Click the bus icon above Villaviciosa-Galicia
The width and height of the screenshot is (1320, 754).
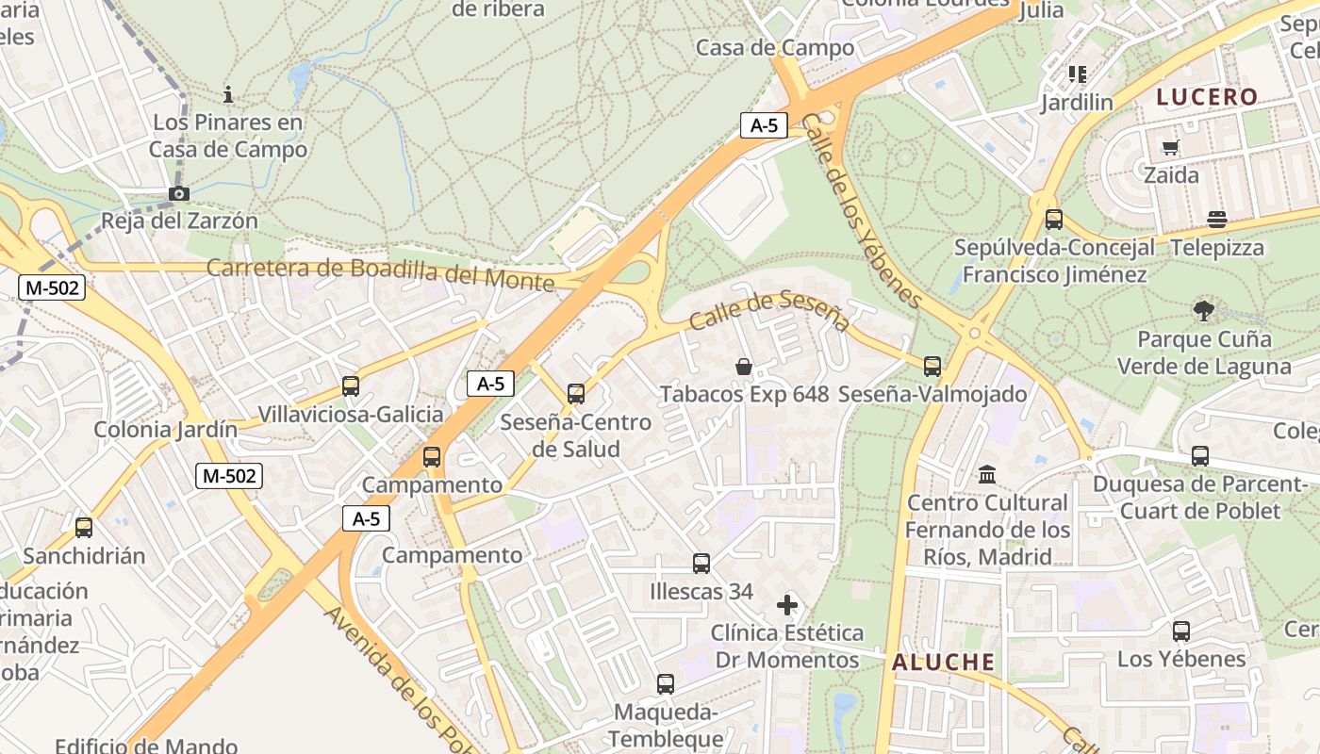click(351, 385)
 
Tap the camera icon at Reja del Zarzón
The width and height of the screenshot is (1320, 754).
click(178, 194)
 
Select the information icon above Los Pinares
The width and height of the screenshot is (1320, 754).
click(227, 94)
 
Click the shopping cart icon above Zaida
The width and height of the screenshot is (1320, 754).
click(1171, 147)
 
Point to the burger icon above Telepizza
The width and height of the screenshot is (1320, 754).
click(1217, 220)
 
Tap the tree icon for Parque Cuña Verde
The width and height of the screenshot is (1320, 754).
click(1203, 310)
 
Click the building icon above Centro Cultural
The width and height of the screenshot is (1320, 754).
click(987, 473)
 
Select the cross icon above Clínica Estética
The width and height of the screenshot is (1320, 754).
click(787, 604)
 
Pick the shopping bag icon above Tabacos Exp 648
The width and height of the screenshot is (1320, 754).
click(744, 366)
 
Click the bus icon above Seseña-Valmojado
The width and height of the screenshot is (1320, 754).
click(932, 366)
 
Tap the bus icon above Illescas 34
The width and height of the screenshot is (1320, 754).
click(701, 564)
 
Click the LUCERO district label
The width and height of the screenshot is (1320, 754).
click(1207, 96)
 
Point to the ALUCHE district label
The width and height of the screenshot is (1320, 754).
click(944, 662)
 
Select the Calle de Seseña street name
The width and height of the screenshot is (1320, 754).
click(769, 312)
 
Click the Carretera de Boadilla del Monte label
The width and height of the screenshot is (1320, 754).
click(380, 273)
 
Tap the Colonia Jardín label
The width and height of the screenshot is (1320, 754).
click(165, 430)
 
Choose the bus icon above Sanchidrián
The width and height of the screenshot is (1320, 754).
click(84, 528)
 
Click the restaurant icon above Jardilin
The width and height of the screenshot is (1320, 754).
click(1078, 74)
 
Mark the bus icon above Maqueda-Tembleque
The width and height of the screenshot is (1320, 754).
click(666, 684)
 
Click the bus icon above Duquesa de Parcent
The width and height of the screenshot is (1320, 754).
click(1200, 456)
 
